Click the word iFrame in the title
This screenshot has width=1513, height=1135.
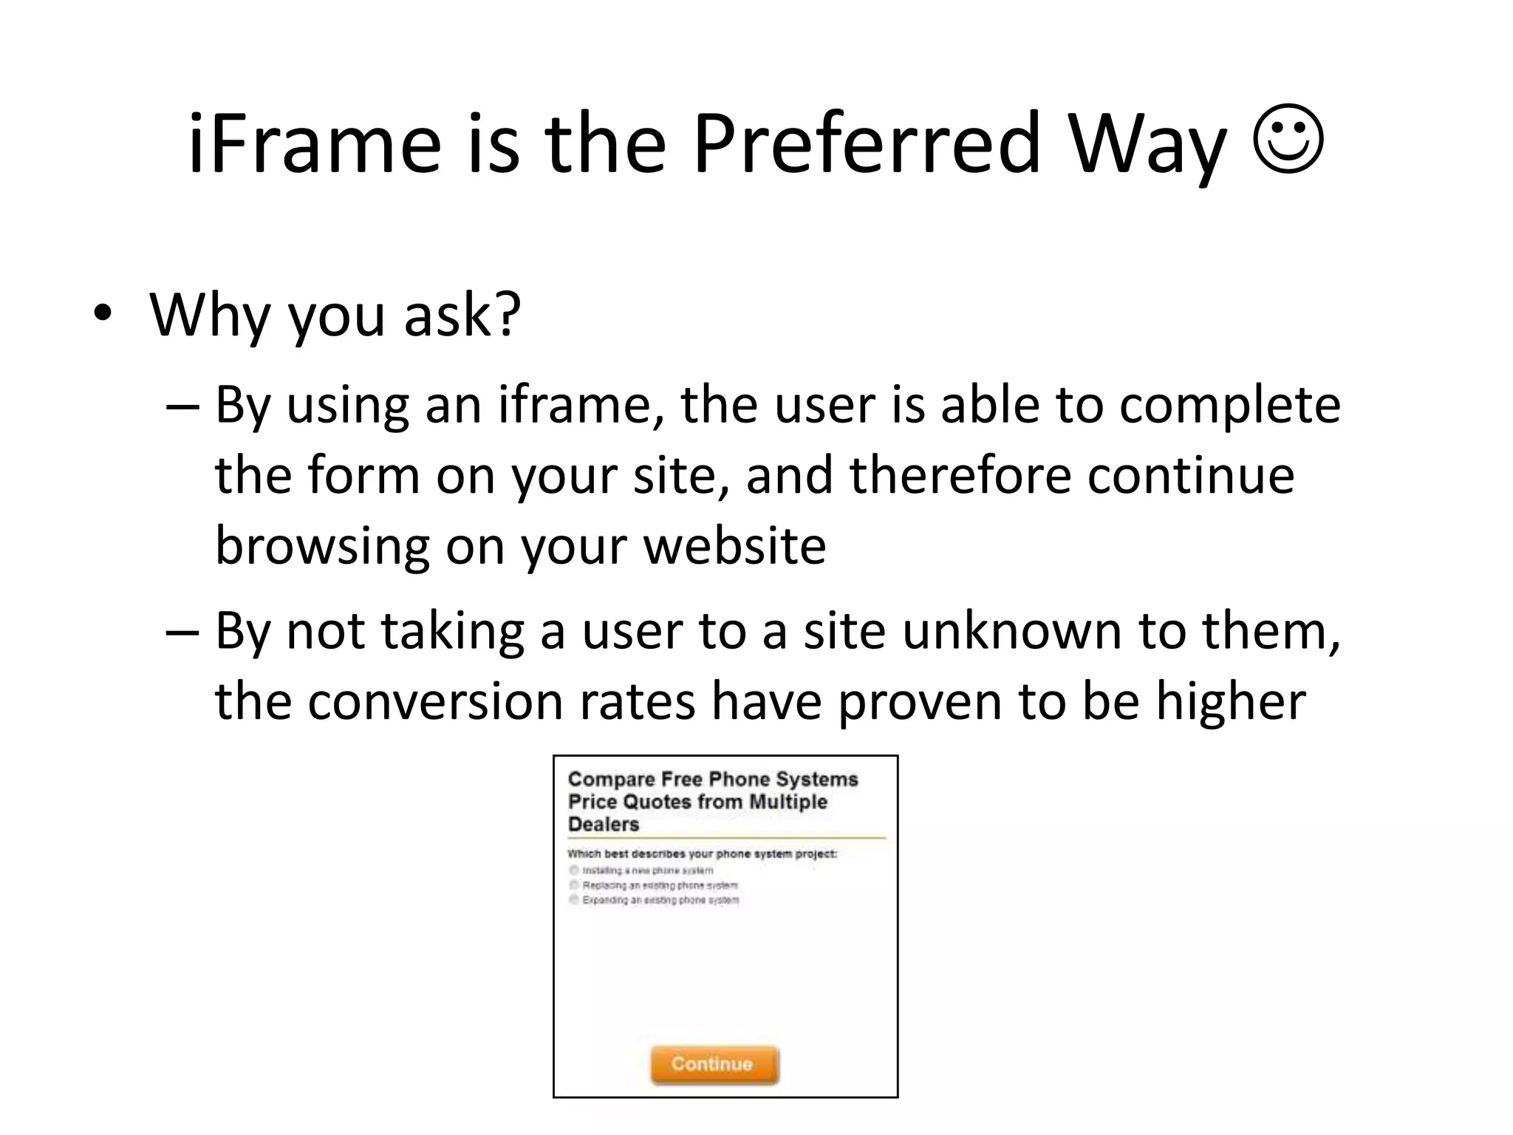click(314, 143)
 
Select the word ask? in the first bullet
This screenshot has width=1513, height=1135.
click(462, 316)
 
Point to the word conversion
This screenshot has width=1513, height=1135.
click(435, 701)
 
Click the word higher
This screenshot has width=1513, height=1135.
click(1231, 701)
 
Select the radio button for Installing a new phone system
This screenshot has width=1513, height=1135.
click(574, 870)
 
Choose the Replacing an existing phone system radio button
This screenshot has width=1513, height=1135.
click(574, 885)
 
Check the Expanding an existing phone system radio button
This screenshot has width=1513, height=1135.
click(574, 900)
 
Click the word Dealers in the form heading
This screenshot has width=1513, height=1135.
click(604, 825)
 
